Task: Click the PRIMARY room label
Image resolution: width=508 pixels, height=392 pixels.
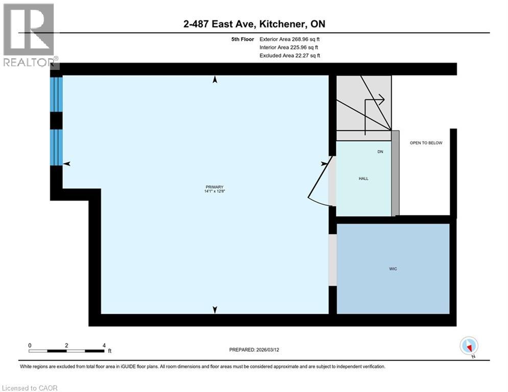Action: tap(215, 187)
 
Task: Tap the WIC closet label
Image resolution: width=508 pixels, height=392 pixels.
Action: tap(393, 268)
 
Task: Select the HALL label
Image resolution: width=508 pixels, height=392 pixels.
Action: tap(364, 179)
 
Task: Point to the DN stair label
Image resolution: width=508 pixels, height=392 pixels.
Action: tap(380, 152)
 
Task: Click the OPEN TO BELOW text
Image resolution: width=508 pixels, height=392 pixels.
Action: tap(426, 143)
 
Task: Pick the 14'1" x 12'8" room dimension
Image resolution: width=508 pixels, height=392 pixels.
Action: tap(215, 192)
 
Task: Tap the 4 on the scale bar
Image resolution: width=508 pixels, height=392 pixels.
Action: tap(104, 346)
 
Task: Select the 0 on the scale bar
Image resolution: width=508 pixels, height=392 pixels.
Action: tap(30, 346)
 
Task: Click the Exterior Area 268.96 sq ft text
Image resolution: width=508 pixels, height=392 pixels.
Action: tap(289, 39)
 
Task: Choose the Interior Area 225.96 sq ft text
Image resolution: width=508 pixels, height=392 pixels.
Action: tap(289, 47)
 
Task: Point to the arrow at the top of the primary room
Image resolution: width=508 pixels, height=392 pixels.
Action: tap(215, 80)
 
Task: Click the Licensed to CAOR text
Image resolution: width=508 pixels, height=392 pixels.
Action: tap(30, 388)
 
